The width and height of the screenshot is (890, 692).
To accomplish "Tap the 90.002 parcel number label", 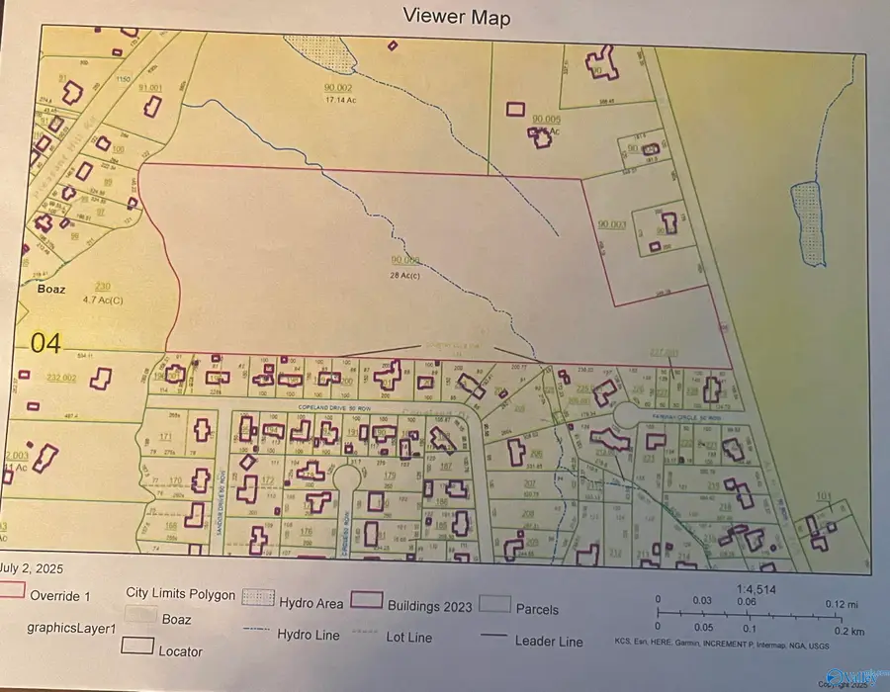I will point(338,88).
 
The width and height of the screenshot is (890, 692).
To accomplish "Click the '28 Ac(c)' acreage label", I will point(405,271).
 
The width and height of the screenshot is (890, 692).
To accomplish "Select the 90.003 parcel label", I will point(612,224).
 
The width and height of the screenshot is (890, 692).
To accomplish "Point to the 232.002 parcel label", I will point(61,377).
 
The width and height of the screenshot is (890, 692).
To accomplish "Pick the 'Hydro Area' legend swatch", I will point(257,600).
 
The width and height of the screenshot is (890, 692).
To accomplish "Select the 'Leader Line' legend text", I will point(549,641).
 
